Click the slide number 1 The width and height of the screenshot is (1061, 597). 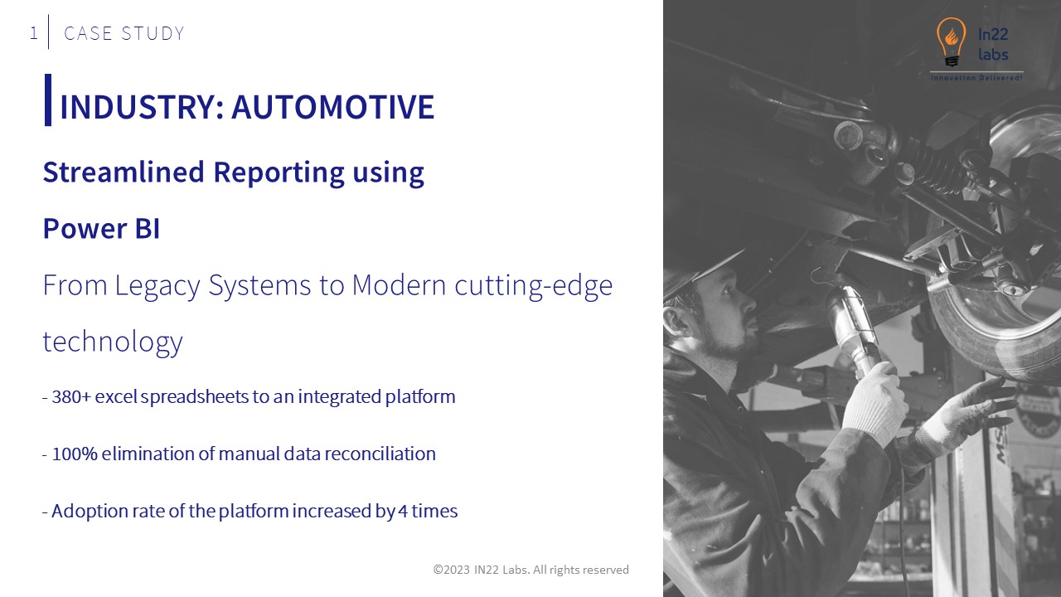[33, 33]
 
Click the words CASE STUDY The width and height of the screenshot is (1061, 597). [124, 33]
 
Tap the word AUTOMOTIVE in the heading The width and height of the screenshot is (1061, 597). [332, 107]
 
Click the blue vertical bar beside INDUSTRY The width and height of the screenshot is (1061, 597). [48, 100]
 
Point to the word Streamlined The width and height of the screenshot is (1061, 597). [124, 172]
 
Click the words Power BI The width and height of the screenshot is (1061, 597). [101, 229]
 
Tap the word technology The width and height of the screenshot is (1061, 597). [113, 342]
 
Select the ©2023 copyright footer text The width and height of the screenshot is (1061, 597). [530, 570]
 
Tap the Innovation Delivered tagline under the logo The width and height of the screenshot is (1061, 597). [976, 77]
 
